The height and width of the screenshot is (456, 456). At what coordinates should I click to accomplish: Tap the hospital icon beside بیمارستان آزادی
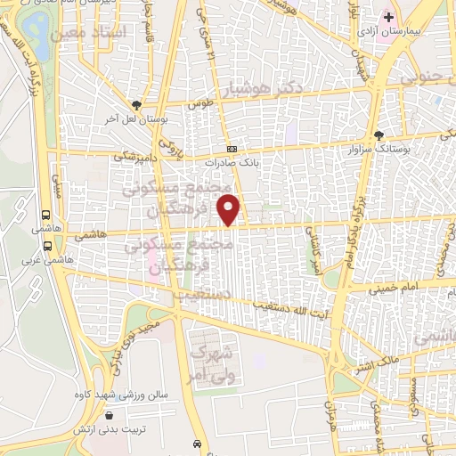(x=388, y=17)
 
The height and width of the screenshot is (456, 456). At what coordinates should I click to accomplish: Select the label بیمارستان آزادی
(x=384, y=31)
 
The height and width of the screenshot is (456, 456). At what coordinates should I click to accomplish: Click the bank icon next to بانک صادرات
(x=232, y=149)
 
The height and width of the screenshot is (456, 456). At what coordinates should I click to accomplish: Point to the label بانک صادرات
(x=236, y=163)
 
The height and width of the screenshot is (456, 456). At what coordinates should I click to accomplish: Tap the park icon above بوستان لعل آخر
(x=135, y=104)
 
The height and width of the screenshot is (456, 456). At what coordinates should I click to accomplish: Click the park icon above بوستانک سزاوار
(x=380, y=134)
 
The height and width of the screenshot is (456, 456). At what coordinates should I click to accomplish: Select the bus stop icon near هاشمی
(x=45, y=214)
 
